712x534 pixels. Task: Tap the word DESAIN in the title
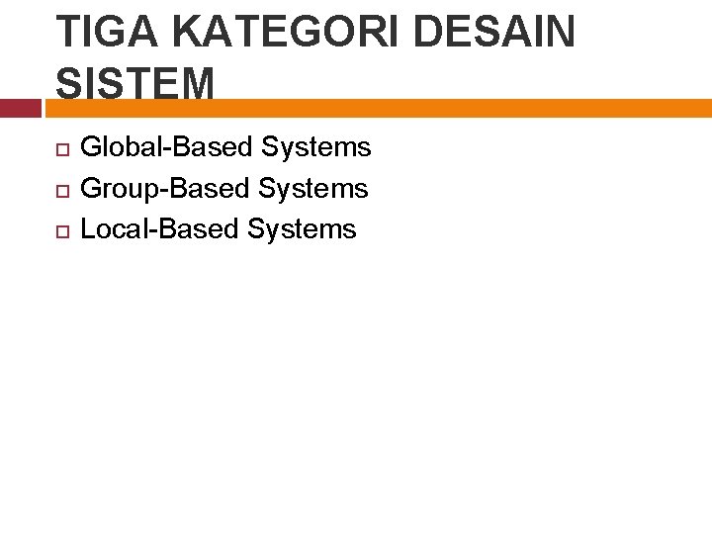494,32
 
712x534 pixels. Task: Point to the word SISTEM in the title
135,84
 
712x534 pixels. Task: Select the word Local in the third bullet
115,228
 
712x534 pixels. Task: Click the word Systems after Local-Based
302,229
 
